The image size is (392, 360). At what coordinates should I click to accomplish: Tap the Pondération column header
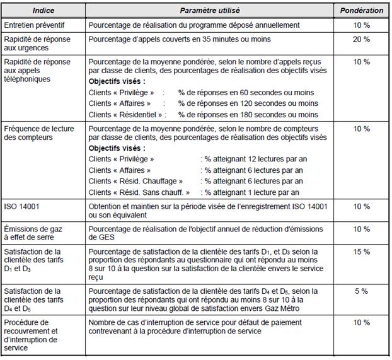[361, 11]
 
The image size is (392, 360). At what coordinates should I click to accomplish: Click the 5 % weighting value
[361, 291]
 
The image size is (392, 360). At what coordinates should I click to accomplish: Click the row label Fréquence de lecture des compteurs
[39, 133]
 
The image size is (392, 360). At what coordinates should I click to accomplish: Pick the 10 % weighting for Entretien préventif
[361, 25]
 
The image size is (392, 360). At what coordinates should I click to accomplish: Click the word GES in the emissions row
[100, 238]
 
